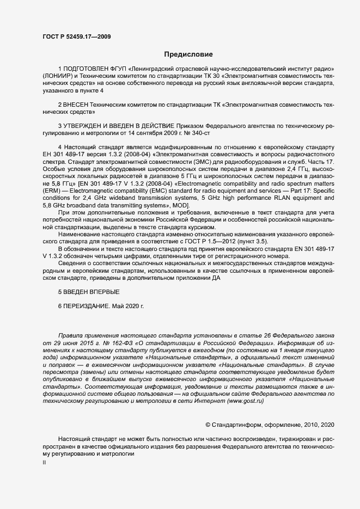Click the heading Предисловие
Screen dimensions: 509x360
(189, 54)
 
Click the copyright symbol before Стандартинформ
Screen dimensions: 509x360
(208, 424)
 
